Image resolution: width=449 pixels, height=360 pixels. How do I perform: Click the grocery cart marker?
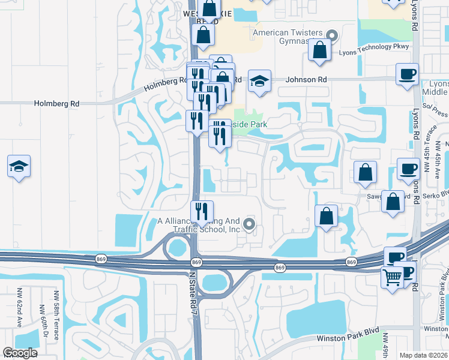[391, 278]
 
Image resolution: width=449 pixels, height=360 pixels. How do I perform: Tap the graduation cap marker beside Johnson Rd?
[259, 82]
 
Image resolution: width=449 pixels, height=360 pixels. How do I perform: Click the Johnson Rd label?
[306, 79]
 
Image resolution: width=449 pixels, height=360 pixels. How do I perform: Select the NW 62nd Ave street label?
[19, 310]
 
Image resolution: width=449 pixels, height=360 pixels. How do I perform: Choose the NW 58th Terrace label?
[56, 316]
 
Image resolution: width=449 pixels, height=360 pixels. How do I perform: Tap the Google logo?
[20, 353]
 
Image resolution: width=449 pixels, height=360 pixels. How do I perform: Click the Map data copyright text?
[424, 355]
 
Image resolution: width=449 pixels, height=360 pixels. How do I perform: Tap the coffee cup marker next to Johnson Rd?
[407, 75]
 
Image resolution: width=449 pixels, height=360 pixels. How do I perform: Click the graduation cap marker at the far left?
[19, 167]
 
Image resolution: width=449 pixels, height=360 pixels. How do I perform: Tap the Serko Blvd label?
[436, 194]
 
